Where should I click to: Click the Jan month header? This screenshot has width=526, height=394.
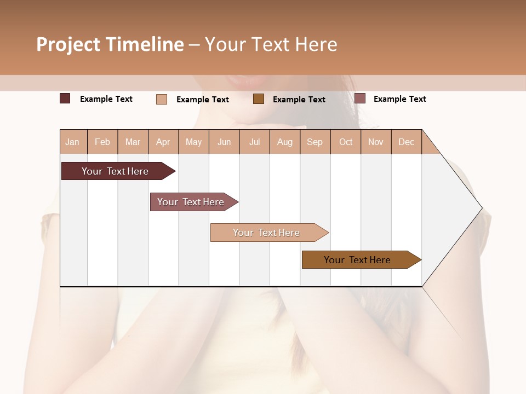(x=72, y=142)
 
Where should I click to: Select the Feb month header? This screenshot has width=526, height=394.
(x=102, y=142)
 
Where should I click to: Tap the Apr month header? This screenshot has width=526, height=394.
(x=163, y=142)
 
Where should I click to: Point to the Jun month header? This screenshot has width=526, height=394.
(x=224, y=142)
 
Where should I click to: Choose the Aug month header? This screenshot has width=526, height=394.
(x=284, y=142)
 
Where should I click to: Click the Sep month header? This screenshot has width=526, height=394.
(x=315, y=142)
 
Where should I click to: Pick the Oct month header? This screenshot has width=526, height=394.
(x=346, y=142)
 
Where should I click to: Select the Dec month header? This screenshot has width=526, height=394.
(x=406, y=142)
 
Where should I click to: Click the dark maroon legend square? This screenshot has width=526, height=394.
(x=65, y=99)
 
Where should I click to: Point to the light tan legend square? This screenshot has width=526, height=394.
(x=162, y=99)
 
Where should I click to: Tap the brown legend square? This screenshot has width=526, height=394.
(x=259, y=99)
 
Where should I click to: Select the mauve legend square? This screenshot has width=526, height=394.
(x=360, y=99)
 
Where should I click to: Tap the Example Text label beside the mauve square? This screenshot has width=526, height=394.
(x=399, y=99)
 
